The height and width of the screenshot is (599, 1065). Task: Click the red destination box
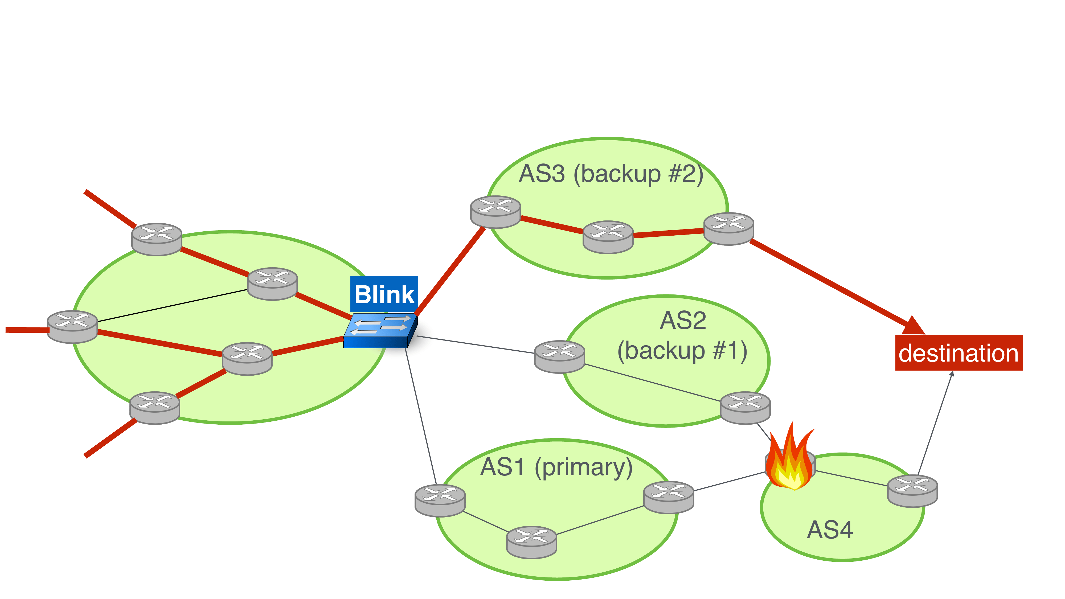tap(958, 353)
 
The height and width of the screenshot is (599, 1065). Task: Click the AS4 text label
tap(830, 530)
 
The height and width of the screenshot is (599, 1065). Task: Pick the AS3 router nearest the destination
tap(728, 229)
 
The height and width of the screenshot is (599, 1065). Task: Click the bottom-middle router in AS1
tap(532, 542)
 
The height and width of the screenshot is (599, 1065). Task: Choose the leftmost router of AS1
tap(440, 500)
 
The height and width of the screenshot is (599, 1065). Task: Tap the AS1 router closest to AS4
tap(669, 497)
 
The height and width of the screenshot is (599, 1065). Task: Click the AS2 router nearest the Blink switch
tap(559, 356)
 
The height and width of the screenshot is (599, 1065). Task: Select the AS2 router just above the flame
tap(745, 408)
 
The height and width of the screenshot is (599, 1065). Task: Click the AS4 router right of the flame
tap(912, 491)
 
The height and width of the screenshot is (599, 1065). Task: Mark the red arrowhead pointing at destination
tap(913, 326)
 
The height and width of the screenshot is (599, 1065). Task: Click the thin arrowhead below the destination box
tap(952, 374)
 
